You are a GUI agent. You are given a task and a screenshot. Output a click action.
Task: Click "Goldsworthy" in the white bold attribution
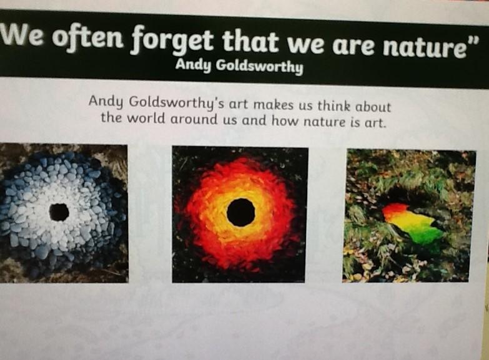point(259,66)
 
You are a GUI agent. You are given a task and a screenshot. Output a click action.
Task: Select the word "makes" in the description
point(273,105)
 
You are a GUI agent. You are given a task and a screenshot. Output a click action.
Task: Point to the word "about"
point(373,107)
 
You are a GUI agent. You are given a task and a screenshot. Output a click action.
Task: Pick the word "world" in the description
point(146,118)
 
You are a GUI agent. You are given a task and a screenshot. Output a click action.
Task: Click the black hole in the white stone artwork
point(59,212)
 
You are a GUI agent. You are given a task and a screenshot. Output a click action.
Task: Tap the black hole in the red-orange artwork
point(241,212)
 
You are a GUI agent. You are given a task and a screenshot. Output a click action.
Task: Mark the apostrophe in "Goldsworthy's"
point(220,100)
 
